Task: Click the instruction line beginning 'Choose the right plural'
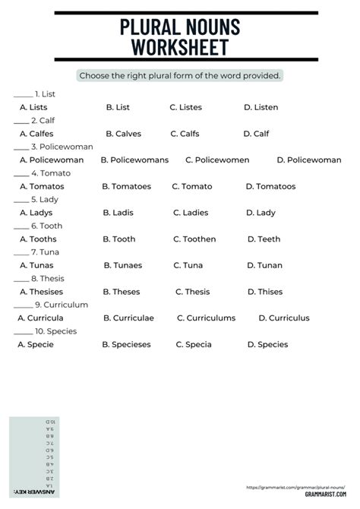pos(180,76)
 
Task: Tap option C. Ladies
pos(191,213)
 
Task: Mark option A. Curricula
pos(40,318)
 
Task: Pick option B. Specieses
pos(128,344)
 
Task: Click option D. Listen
pos(261,108)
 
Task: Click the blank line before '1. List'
pos(23,95)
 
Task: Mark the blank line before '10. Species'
pos(23,332)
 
